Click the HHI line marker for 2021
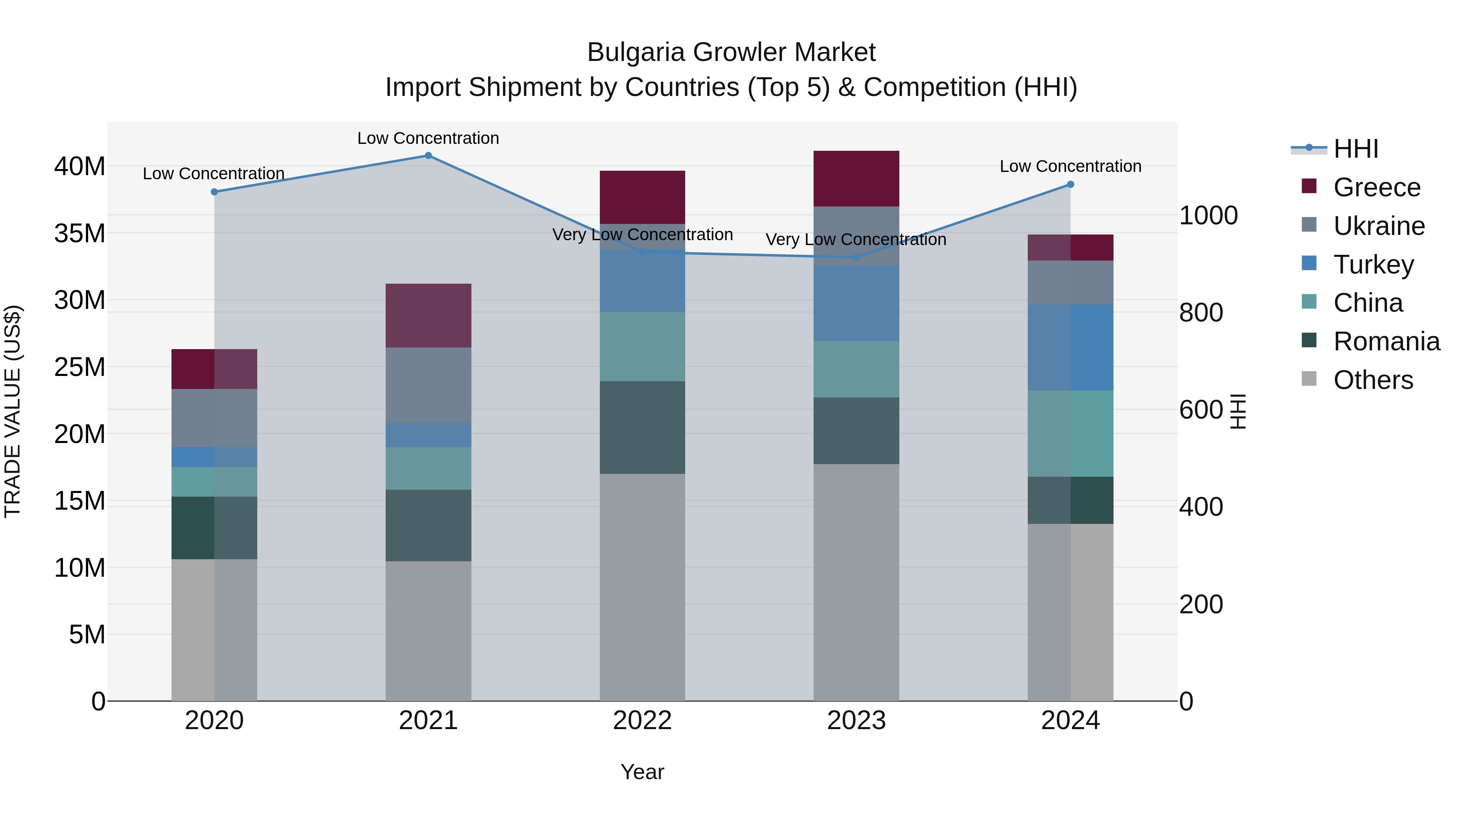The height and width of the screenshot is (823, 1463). tap(428, 156)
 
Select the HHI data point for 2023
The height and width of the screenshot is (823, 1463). tap(856, 257)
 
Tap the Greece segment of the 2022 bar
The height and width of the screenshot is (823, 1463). tap(643, 197)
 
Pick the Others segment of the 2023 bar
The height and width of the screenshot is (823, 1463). tap(856, 582)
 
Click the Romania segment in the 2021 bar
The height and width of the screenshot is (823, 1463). tap(428, 526)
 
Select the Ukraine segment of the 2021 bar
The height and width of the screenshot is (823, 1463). tap(428, 385)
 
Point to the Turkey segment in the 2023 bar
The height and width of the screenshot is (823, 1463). tap(856, 303)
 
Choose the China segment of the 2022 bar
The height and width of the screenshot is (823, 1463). tap(643, 346)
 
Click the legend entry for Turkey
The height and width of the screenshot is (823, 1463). tap(1373, 265)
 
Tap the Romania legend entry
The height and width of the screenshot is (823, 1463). tap(1386, 341)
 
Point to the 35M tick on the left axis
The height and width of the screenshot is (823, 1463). tap(80, 233)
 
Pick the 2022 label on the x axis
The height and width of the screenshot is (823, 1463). tap(643, 721)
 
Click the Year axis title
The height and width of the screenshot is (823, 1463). tap(643, 772)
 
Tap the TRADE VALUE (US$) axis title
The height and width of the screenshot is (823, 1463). tap(13, 411)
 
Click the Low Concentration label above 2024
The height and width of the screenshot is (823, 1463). tap(1070, 166)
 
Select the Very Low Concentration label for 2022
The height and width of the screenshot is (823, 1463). tap(643, 235)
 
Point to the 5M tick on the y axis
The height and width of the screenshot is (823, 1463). tap(87, 634)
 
